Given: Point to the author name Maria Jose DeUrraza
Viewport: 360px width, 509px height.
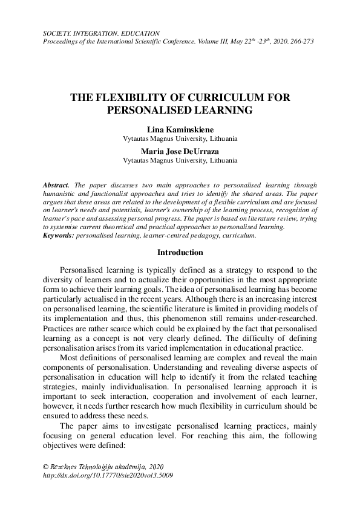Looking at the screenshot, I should click(x=180, y=151).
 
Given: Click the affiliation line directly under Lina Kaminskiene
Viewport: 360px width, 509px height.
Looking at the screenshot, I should click(x=180, y=138).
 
